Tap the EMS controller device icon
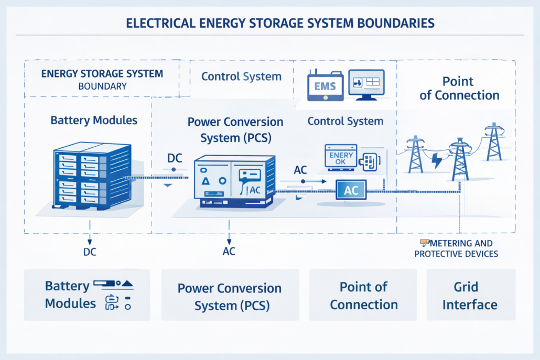point(325,85)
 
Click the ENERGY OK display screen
point(341,158)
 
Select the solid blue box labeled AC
point(351,190)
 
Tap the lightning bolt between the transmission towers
point(436,160)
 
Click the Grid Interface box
point(470,295)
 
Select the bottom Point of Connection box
point(363,295)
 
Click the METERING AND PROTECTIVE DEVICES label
point(456,249)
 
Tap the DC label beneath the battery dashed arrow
point(90,252)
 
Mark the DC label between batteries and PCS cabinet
point(174,158)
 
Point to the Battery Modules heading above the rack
point(94,120)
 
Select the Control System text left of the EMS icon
point(241,77)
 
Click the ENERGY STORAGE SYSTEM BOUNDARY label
point(102,79)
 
